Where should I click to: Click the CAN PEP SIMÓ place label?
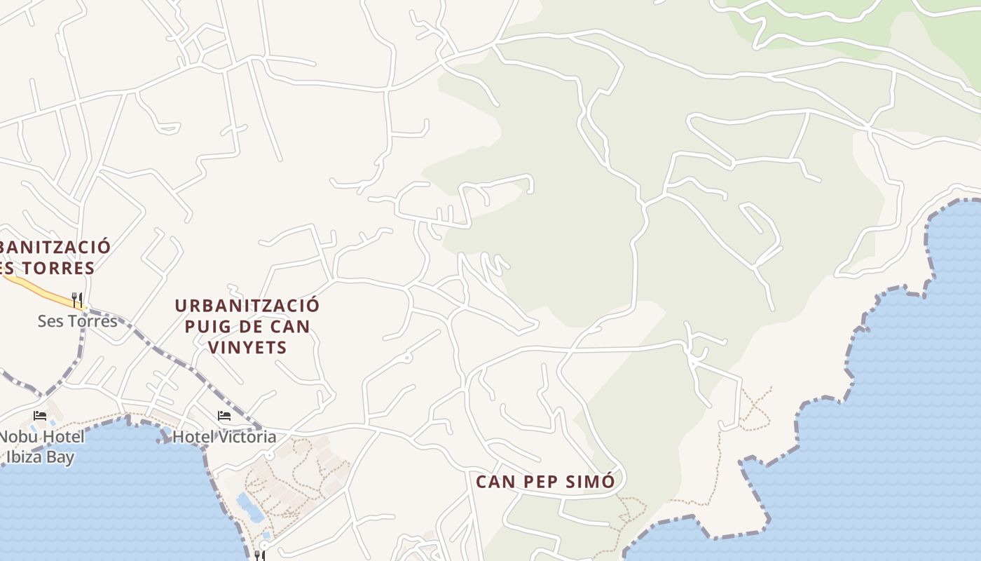(x=545, y=482)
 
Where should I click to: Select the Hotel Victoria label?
(x=224, y=437)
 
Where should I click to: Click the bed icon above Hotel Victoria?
(x=224, y=416)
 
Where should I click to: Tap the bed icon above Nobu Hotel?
(x=40, y=415)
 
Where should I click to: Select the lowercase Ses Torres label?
(x=77, y=321)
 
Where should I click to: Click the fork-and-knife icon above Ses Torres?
(x=77, y=299)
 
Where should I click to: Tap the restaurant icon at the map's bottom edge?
(x=259, y=555)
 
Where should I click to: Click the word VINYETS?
(x=248, y=347)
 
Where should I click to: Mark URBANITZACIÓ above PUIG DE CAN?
(x=247, y=306)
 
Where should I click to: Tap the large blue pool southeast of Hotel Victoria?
(x=250, y=507)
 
